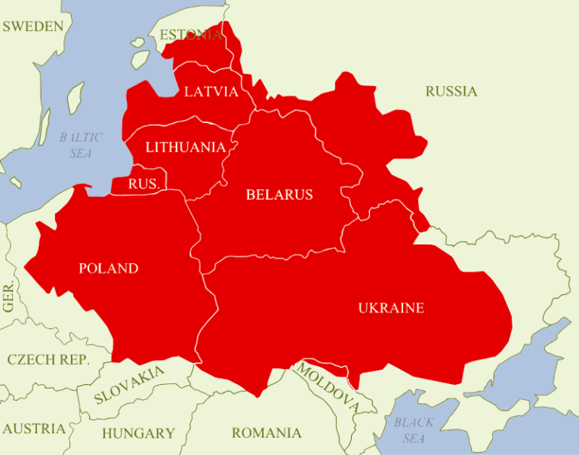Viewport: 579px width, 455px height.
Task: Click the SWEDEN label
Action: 32,26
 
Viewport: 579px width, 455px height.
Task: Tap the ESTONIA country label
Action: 191,35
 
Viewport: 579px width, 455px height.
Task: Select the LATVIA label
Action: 211,92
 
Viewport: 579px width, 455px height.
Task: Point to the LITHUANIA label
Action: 185,147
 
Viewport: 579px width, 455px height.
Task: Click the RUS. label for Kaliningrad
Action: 143,184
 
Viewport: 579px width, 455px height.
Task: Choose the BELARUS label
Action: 279,195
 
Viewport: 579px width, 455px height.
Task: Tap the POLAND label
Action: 109,269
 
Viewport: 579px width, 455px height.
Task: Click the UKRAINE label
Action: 391,308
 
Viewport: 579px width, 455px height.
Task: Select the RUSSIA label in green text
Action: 451,91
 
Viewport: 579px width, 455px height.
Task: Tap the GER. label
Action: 9,298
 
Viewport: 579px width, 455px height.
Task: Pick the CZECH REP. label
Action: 48,359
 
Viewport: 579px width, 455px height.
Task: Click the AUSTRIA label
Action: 33,429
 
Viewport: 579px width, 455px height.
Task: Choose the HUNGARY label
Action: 138,433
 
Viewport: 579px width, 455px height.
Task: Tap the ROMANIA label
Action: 266,433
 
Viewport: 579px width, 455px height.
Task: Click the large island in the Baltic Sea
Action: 75,98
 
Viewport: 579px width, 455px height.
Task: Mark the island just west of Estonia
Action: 139,59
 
